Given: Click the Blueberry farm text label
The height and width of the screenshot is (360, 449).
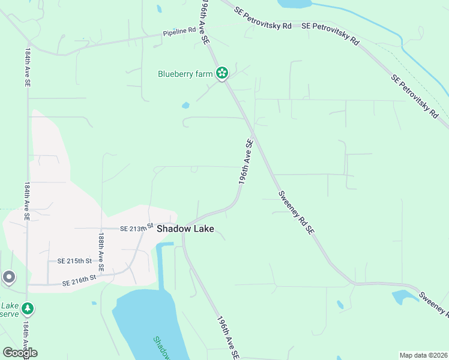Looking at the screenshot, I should [x=185, y=74].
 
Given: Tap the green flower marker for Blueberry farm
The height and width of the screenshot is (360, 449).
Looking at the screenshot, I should [x=222, y=73].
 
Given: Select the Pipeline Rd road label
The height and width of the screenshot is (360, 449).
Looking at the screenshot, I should [x=179, y=32].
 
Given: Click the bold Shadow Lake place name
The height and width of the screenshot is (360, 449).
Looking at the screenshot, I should [x=185, y=229].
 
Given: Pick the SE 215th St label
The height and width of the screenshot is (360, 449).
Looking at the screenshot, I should [x=74, y=261].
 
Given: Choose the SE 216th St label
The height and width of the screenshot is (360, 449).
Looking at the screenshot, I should [x=80, y=280].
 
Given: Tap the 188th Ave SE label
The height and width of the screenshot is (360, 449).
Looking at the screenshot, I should [x=101, y=250].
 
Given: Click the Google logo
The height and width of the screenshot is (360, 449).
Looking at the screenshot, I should [x=20, y=352].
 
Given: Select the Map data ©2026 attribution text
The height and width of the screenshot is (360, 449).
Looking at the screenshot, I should [x=423, y=355].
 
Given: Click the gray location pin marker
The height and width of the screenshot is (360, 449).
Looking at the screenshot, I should [x=8, y=277].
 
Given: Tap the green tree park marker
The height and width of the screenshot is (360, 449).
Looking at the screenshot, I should [x=28, y=309].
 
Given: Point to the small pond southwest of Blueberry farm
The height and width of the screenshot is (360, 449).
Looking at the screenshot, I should [x=185, y=106].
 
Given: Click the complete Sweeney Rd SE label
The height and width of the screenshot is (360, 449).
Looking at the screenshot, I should [x=297, y=212].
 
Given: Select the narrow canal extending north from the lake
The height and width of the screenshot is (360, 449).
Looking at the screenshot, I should [x=160, y=264].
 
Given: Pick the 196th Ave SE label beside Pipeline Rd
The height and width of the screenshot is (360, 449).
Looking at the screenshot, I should [x=205, y=24].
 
